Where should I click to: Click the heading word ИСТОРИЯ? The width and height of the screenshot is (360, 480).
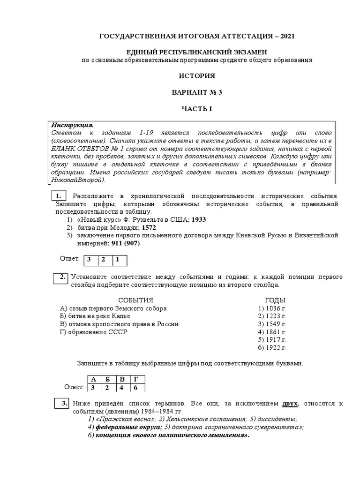[197, 76]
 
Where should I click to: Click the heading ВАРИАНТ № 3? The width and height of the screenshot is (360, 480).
[197, 92]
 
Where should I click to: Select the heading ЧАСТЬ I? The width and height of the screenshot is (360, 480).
[197, 109]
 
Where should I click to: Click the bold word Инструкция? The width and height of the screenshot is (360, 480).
[73, 125]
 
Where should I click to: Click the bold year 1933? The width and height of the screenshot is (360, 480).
[198, 219]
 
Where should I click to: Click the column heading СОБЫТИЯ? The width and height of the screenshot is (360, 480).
[135, 300]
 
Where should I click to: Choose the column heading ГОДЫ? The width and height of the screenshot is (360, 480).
[275, 300]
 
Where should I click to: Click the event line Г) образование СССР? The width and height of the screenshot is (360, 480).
[94, 332]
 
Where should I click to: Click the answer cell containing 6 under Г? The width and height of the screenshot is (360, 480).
[136, 388]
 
